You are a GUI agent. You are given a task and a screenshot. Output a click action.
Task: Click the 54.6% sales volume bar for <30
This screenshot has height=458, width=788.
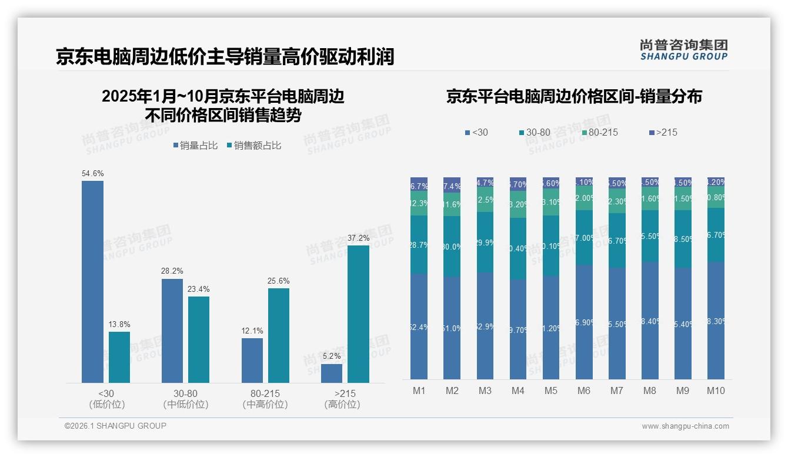point(92,282)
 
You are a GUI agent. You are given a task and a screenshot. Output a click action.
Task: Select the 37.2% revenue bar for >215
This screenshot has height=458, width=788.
point(358,314)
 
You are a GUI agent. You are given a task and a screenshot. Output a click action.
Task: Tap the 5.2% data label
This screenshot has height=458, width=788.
point(331,356)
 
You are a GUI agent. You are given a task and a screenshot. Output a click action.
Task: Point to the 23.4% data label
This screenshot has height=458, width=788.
point(199,289)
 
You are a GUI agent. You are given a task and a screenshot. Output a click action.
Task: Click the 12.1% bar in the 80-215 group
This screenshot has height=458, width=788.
point(252,361)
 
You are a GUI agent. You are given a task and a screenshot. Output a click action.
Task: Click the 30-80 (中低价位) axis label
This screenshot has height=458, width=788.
point(185,399)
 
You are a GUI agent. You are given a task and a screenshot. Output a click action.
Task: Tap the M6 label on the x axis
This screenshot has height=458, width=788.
point(584,391)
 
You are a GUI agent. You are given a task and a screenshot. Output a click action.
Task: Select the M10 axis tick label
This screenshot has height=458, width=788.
point(716,391)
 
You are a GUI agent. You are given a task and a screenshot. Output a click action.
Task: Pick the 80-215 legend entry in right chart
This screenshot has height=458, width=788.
point(599,133)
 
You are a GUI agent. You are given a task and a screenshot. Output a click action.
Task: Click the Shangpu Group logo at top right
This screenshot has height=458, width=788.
point(683,50)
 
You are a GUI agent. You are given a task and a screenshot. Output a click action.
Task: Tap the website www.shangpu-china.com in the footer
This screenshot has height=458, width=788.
point(685,426)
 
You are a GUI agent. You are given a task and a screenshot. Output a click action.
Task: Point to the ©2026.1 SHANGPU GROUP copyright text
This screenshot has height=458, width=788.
point(115,426)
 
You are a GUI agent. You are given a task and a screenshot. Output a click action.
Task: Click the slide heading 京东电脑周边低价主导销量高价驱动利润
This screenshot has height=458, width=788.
point(225,57)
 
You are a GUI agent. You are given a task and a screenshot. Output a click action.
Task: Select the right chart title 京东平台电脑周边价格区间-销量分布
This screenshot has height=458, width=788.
point(574,97)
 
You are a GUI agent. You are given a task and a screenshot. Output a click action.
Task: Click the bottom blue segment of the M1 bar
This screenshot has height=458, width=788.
point(419,326)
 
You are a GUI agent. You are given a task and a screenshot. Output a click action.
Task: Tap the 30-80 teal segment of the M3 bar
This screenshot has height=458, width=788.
point(485,242)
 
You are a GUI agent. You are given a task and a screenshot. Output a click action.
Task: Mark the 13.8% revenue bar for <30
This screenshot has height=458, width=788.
point(119,357)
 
